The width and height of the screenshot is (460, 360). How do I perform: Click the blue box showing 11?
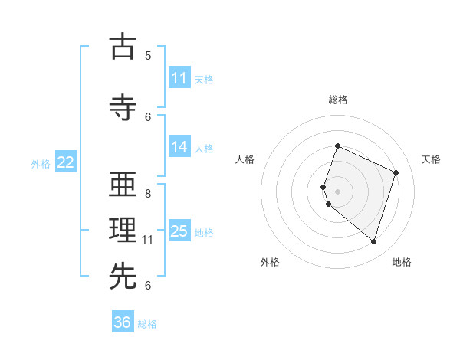coord(179,78)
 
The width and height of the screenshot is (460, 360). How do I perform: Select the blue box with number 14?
coord(179,148)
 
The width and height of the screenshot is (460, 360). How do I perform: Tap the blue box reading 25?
coord(179,232)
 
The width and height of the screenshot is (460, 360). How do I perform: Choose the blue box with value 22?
coord(66,162)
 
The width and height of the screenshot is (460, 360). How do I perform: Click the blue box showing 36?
coord(123,322)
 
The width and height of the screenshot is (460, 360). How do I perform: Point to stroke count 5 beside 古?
coord(148,56)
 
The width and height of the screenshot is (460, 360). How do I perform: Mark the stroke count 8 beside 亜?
coord(148,194)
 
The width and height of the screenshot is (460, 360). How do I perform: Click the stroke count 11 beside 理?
coord(148,240)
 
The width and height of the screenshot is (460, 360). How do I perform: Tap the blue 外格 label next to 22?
coord(41,163)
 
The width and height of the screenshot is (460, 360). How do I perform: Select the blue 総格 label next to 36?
coord(147,324)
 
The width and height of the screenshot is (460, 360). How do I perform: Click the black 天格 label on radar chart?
coord(431,159)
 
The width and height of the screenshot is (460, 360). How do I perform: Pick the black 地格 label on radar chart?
coord(402,262)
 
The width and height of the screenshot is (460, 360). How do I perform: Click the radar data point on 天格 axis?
coord(396,172)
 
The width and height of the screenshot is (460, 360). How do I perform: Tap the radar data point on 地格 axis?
coord(373,241)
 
